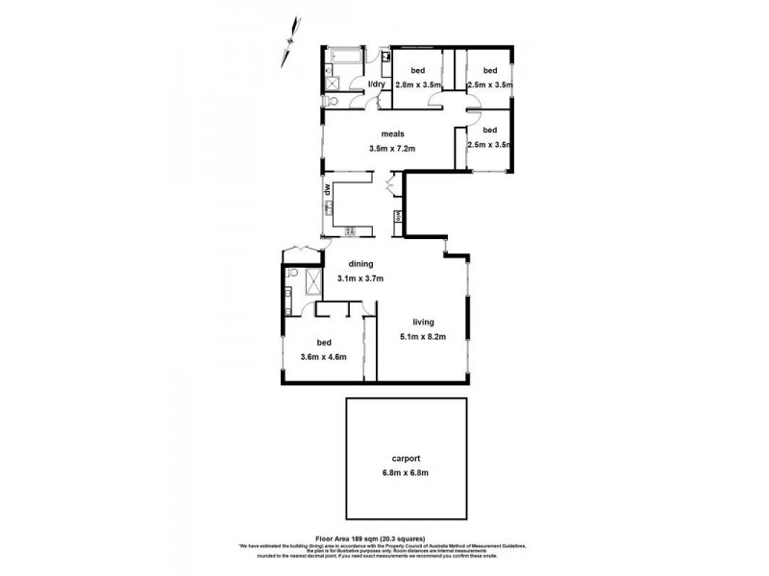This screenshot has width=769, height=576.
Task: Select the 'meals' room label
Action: click(x=391, y=134)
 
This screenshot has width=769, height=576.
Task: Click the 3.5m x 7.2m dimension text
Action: click(x=391, y=149)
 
